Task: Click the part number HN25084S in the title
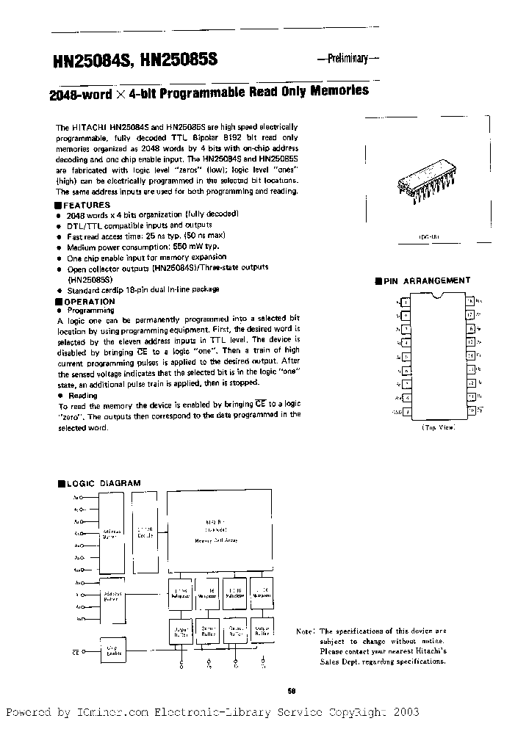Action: [90, 62]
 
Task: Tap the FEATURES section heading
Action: [87, 205]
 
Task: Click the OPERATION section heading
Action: [89, 301]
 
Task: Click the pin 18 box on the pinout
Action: [469, 301]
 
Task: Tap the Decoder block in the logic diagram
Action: [145, 532]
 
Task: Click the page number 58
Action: [291, 689]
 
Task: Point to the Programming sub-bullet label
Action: [89, 311]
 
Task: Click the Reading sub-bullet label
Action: [82, 395]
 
